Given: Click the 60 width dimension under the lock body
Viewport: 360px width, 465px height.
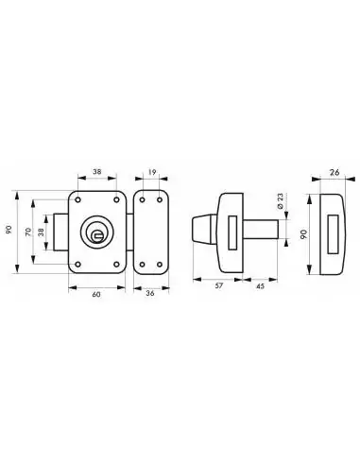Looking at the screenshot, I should (97, 295).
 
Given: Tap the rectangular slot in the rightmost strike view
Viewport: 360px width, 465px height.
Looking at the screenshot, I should (332, 232).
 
